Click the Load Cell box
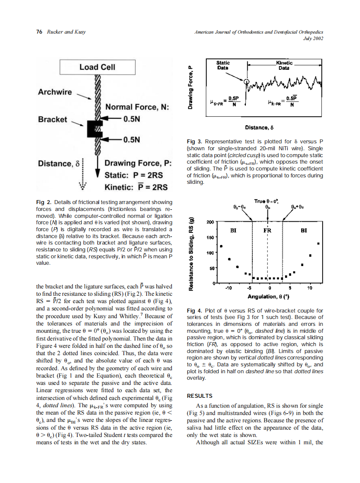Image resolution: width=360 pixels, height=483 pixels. tap(97, 67)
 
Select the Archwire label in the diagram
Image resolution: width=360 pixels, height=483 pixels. tap(55, 92)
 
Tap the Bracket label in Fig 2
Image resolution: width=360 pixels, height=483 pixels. tap(53, 119)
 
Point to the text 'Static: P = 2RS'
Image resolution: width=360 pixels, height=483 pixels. tap(133, 175)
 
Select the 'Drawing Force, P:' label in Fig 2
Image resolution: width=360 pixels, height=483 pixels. tap(138, 164)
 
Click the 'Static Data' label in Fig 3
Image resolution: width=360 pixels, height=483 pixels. tap(223, 65)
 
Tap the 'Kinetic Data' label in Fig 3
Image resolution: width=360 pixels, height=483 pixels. tap(284, 65)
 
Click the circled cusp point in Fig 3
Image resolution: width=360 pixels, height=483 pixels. tap(246, 81)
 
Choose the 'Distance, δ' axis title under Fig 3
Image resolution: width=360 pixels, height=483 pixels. tap(259, 127)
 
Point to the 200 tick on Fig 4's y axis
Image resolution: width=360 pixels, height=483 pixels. tap(211, 222)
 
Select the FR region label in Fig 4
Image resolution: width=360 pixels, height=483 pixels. tap(267, 231)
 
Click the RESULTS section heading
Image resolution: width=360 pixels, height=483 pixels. tap(201, 396)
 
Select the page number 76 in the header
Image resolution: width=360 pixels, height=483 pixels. tap(39, 32)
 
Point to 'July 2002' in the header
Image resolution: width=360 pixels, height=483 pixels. tap(313, 38)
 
